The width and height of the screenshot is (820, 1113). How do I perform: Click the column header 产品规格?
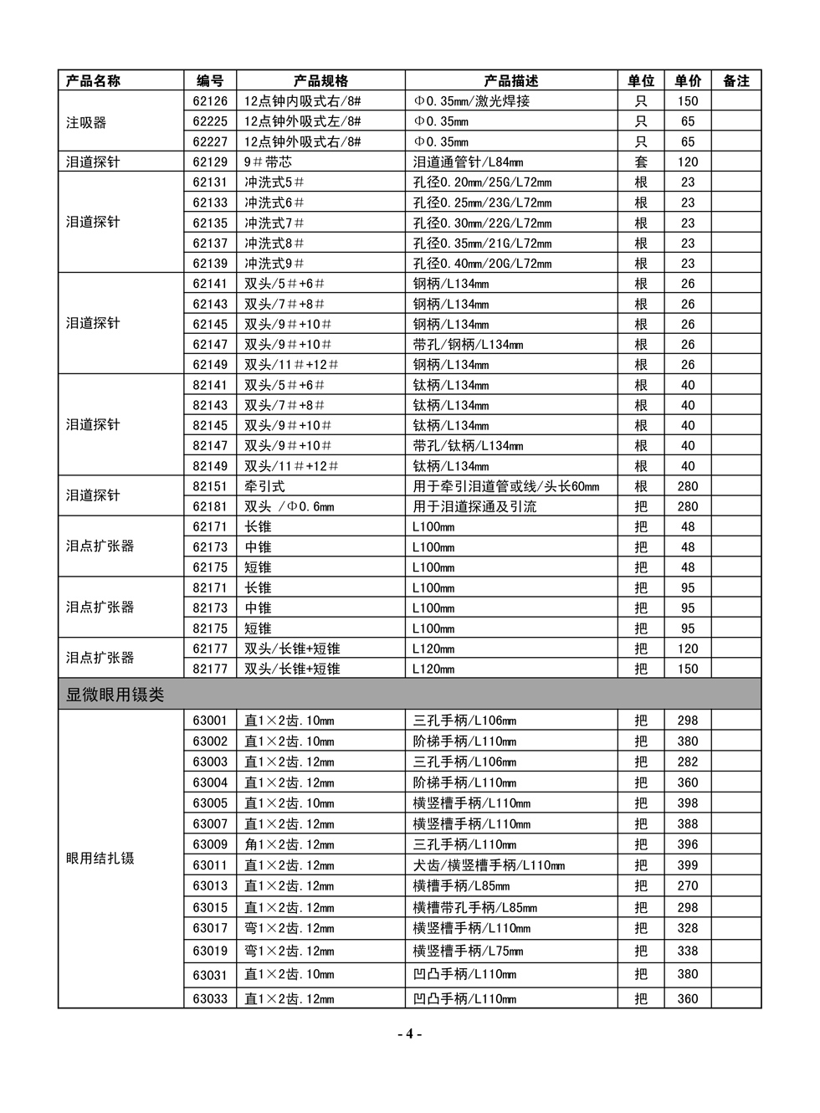[320, 80]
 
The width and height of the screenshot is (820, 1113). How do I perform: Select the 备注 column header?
[735, 80]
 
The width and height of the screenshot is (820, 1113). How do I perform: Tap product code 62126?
[210, 101]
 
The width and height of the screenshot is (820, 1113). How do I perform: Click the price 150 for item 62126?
[688, 101]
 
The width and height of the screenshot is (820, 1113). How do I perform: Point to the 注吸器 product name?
[87, 122]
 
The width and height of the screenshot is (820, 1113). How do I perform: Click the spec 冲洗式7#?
[274, 223]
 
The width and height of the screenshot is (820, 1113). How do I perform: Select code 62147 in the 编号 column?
[210, 344]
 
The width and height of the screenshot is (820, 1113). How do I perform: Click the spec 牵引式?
[264, 486]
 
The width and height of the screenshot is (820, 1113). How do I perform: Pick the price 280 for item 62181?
[688, 506]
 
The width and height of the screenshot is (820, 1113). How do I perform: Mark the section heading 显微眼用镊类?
[115, 695]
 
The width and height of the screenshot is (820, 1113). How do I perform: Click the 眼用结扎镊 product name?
[100, 858]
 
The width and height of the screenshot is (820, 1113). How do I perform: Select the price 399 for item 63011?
[688, 865]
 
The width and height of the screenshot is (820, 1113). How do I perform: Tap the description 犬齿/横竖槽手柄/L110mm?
[489, 865]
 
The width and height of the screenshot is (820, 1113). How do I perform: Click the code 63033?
[210, 998]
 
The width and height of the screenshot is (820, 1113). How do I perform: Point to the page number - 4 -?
[409, 1033]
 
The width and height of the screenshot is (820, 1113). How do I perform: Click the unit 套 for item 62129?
[641, 162]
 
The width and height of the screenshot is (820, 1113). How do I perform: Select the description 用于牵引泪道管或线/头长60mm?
[506, 486]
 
